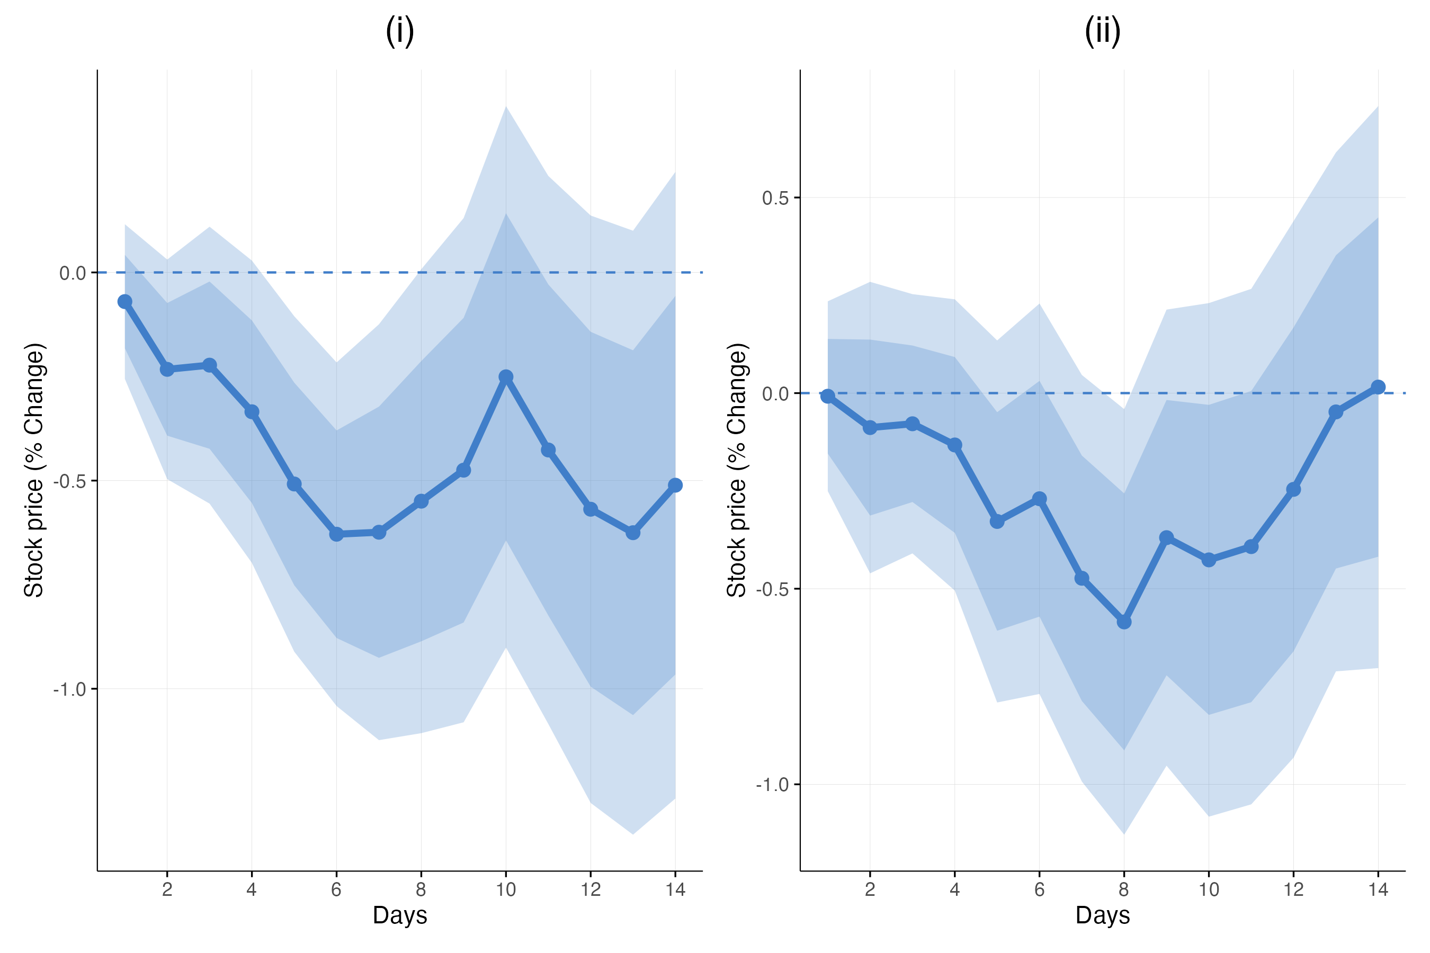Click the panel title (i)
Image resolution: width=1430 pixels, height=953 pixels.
click(399, 31)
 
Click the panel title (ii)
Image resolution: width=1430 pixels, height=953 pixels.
click(1102, 31)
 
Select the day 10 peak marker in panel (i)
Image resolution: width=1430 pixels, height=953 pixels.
click(506, 377)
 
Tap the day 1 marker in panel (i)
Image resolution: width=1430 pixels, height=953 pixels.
click(124, 301)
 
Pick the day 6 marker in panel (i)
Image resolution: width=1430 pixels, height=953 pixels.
click(336, 534)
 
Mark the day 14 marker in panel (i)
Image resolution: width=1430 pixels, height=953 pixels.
click(675, 485)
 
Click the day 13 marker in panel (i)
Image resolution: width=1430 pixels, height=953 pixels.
click(633, 533)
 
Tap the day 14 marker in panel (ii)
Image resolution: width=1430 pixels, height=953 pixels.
click(1378, 387)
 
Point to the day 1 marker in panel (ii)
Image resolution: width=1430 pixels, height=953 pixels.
click(827, 396)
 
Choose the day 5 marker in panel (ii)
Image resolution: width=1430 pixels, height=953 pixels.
click(997, 522)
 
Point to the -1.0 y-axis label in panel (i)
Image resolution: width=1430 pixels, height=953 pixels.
click(69, 690)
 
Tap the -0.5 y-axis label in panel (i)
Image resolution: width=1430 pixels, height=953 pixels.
click(69, 481)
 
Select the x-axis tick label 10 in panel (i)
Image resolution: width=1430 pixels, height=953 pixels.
click(506, 890)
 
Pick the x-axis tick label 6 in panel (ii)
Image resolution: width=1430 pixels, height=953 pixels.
click(1039, 890)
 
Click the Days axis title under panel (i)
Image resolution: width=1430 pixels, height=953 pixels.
click(399, 915)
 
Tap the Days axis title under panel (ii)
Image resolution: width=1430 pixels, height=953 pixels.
click(1102, 915)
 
